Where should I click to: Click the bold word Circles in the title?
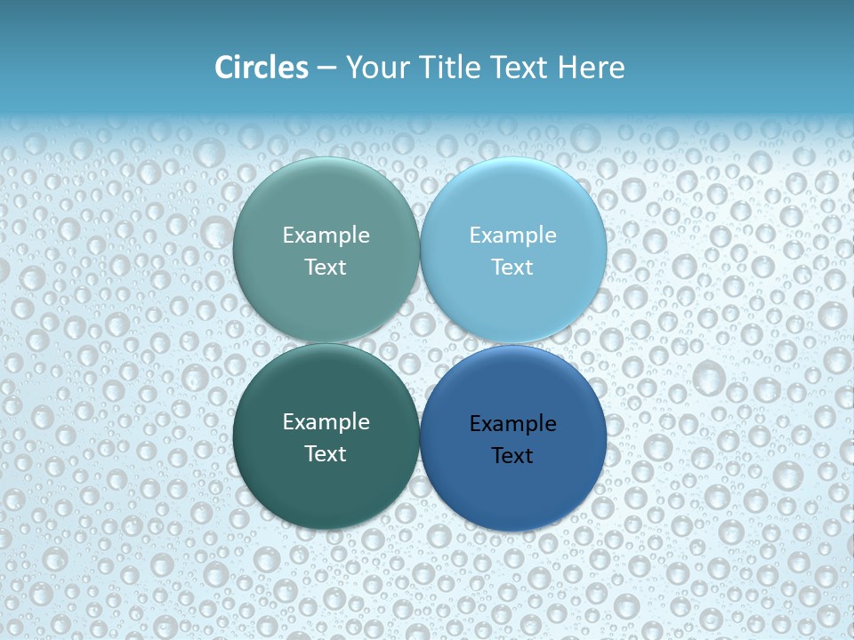261,68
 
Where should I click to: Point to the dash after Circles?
326,68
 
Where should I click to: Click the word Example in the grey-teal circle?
326,236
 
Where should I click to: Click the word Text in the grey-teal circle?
326,267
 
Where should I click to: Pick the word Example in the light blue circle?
512,236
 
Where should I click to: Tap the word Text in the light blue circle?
512,267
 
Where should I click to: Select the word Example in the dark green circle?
326,422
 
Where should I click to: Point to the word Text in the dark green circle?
326,453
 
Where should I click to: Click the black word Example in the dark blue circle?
512,424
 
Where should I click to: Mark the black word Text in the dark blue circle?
512,455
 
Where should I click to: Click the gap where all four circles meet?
420,344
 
